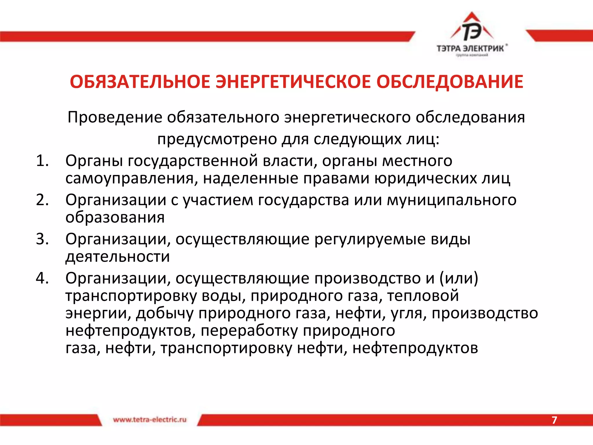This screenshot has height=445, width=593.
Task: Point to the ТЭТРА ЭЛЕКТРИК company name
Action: coord(471,48)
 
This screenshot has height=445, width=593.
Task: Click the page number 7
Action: coord(554,420)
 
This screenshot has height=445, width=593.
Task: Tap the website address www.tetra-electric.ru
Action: coord(150,420)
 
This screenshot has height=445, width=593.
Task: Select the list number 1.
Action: coord(42,161)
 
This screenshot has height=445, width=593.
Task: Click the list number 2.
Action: coord(42,200)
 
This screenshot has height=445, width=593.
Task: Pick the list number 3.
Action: coord(42,239)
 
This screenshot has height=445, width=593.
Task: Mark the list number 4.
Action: coord(42,278)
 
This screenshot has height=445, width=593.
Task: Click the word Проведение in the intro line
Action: coord(115,117)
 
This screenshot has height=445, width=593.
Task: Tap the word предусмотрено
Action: coord(217,139)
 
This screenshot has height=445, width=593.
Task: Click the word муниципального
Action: coord(451,200)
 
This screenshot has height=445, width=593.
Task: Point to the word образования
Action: coord(115,218)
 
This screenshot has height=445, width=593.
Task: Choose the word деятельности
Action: coord(118,257)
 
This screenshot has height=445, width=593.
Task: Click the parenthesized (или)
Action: coord(459,278)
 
